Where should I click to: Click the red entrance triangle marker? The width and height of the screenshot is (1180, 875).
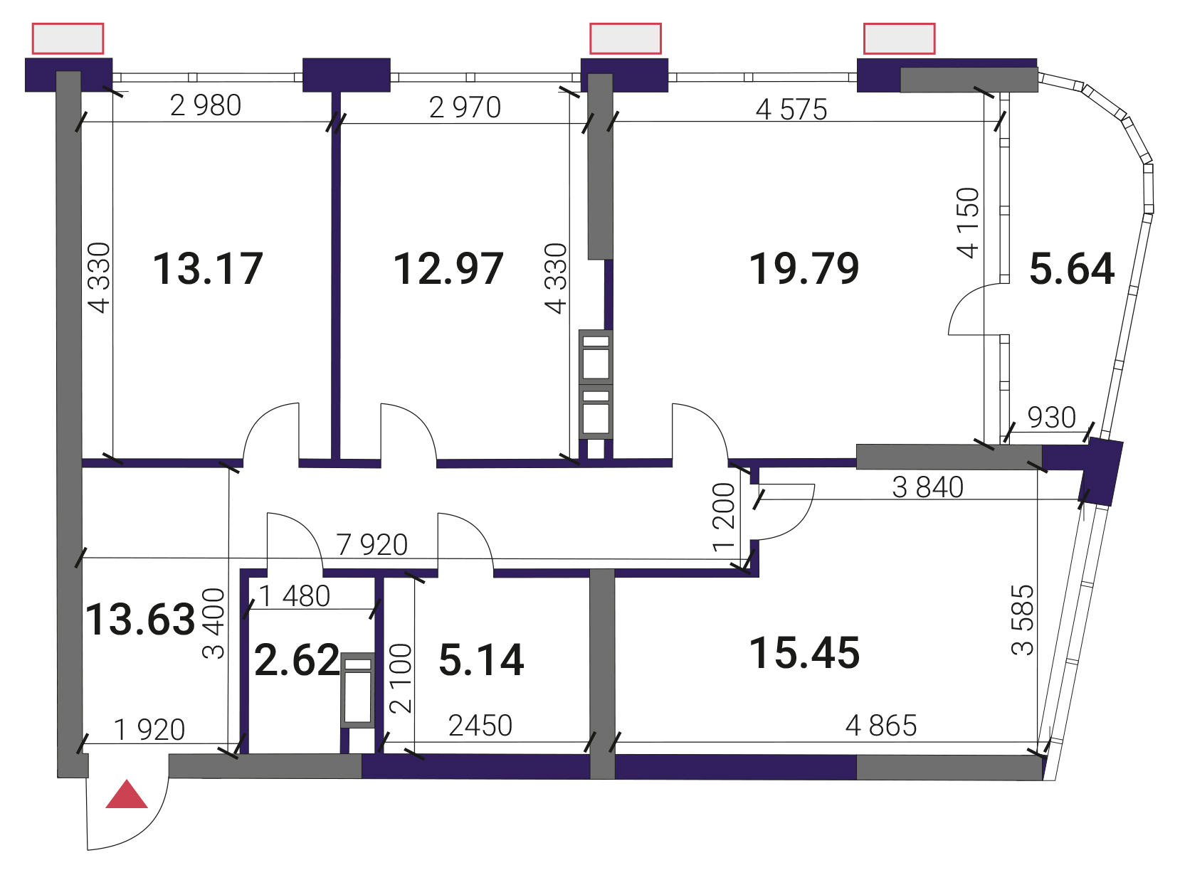point(126,795)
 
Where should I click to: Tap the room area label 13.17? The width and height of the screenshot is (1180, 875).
point(208,269)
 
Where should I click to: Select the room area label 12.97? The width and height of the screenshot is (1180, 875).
point(448,269)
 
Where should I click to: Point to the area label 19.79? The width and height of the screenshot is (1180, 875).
point(804,269)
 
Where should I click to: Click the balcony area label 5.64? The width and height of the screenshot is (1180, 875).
point(1072,269)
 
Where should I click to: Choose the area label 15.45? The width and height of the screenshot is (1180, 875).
point(804,652)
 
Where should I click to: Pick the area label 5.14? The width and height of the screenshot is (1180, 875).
point(482,659)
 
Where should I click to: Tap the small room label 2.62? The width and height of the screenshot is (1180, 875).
point(297,659)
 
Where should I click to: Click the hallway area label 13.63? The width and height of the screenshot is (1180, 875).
point(140,620)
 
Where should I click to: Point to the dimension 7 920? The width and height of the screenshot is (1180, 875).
point(372,545)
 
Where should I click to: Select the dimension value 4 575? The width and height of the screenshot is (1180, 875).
point(791,110)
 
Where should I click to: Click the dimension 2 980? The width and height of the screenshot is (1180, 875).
point(206,105)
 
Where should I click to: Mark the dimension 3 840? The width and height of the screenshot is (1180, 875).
point(927,487)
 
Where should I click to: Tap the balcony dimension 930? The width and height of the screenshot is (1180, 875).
point(1051,418)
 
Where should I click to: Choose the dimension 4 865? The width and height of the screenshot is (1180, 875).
point(881,726)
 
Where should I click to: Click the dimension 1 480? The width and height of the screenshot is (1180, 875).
point(294,595)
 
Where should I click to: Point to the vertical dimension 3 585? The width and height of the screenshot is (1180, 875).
point(1023,620)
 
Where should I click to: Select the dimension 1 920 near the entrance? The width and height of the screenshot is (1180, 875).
point(149,730)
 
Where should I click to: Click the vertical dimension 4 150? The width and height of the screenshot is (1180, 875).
point(968,223)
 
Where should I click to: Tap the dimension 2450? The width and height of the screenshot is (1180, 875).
point(480,726)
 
